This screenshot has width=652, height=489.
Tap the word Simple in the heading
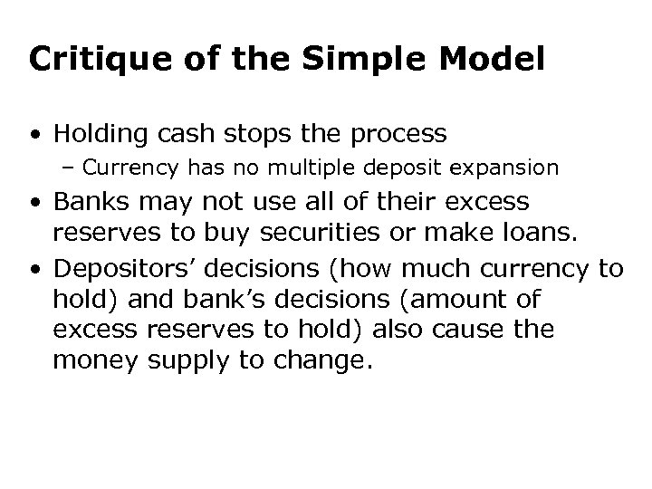tap(348, 60)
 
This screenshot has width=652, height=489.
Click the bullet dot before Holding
tap(34, 135)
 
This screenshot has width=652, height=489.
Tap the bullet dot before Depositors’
tap(34, 270)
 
